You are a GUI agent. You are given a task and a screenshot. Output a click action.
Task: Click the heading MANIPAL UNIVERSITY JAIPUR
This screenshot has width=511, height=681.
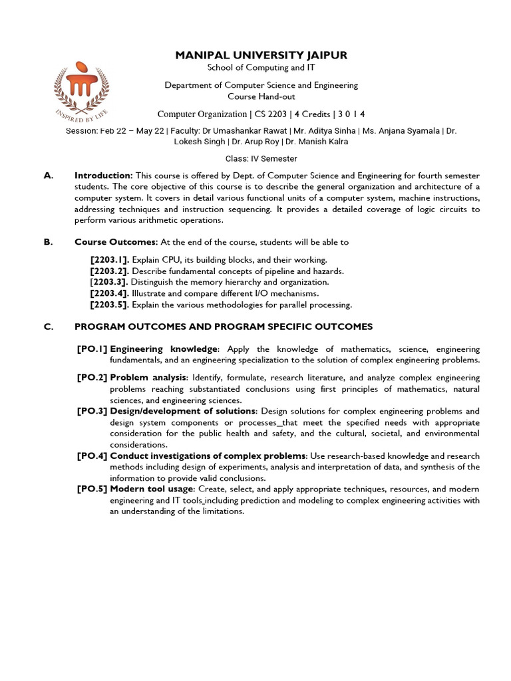tap(261, 55)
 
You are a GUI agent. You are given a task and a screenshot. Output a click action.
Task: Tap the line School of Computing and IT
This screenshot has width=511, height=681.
tap(261, 69)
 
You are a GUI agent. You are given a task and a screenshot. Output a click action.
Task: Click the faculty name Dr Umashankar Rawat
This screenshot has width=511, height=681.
tap(254, 131)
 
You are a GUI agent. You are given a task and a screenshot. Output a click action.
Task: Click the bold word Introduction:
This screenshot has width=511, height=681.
tap(103, 176)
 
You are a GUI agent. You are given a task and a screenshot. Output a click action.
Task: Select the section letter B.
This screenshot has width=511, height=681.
tap(48, 242)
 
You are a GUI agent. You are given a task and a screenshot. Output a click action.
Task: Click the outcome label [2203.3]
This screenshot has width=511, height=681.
tap(110, 282)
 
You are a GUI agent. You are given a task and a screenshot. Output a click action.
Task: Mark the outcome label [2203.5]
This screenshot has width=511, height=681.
tap(110, 305)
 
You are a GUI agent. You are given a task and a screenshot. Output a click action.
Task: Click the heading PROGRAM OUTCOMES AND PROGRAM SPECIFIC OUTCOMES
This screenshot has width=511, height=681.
tap(224, 327)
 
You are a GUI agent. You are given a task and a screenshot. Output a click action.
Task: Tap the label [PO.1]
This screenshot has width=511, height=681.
tap(92, 349)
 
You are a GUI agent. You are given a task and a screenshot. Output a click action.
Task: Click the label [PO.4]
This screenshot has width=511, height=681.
tap(92, 456)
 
